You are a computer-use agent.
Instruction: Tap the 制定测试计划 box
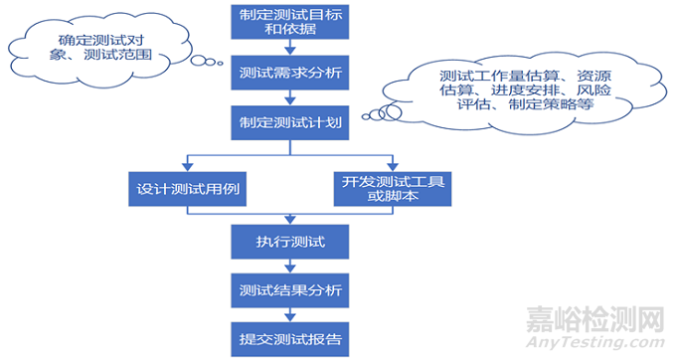coord(288,123)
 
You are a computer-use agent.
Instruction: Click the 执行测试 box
coord(288,242)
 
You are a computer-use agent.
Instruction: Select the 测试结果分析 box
coord(288,290)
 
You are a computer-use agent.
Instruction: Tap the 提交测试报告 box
coord(288,338)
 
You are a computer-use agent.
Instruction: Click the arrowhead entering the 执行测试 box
coord(288,221)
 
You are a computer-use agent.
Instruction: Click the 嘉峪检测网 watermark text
coord(593,319)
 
